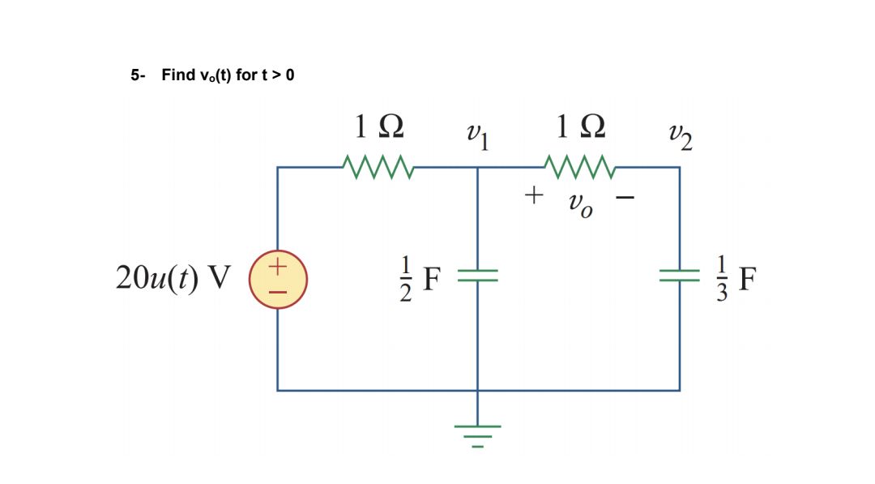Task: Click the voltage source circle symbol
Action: coord(278,278)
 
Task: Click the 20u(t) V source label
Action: coord(173,278)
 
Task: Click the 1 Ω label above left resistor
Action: coord(378,127)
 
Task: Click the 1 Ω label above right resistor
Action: coord(581,127)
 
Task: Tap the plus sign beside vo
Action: coord(533,195)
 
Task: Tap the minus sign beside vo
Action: coord(629,196)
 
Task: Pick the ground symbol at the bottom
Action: coord(478,435)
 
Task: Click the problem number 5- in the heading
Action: coord(137,75)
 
